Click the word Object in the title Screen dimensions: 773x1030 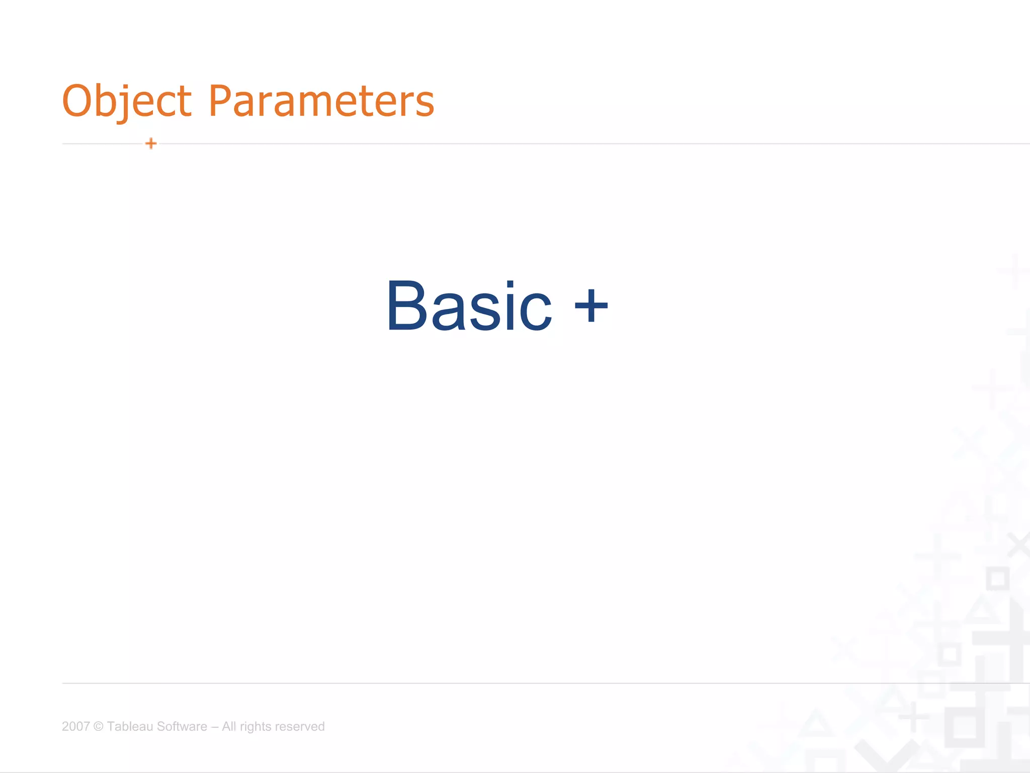(x=126, y=101)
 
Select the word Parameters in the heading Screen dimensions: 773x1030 (x=321, y=101)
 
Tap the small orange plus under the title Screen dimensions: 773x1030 (x=151, y=143)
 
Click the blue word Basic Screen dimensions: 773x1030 (x=469, y=306)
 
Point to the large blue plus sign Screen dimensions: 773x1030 (x=591, y=305)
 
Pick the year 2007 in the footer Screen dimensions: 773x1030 (x=75, y=726)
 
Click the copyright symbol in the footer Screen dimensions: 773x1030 (x=99, y=726)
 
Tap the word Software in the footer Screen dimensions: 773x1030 (x=182, y=726)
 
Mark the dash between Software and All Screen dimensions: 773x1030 (x=215, y=726)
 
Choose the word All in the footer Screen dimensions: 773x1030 (x=229, y=726)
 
